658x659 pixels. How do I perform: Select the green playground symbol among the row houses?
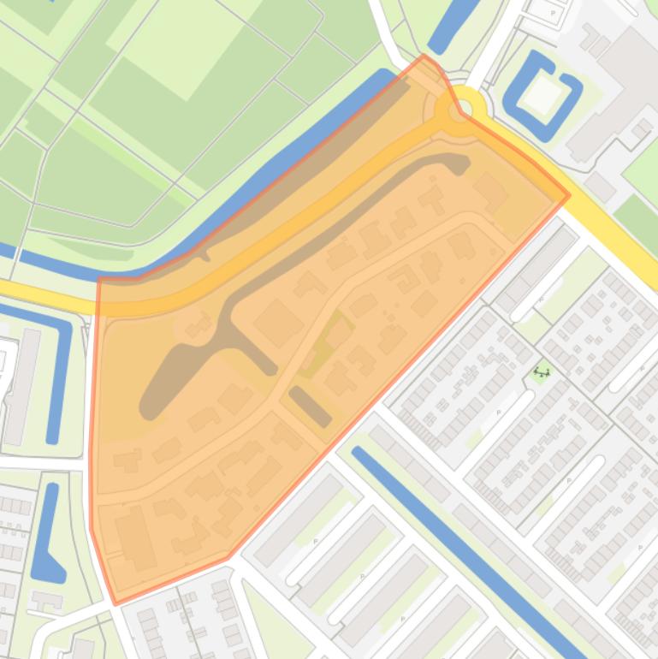pyautogui.click(x=541, y=371)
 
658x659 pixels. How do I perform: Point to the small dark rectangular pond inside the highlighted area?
pyautogui.click(x=310, y=407)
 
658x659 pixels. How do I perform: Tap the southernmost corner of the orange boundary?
pyautogui.click(x=116, y=603)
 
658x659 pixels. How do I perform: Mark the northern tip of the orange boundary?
pyautogui.click(x=424, y=56)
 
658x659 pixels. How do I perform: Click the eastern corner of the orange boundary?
pyautogui.click(x=569, y=195)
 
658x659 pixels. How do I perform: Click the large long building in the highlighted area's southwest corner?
pyautogui.click(x=135, y=537)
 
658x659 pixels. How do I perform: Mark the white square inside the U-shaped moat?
pyautogui.click(x=539, y=96)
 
